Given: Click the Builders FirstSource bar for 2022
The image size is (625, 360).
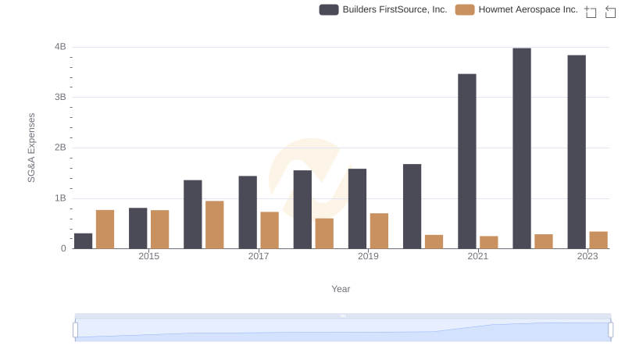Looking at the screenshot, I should (x=522, y=148).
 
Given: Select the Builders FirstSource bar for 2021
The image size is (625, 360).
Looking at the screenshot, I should (x=467, y=162).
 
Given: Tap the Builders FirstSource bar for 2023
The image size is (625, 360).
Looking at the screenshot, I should (x=577, y=152).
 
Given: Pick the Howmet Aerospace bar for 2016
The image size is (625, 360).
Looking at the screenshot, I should (x=215, y=225).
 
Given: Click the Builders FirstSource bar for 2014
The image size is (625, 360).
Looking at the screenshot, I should (x=84, y=241).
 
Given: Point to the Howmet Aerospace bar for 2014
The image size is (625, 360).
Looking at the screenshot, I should (x=105, y=230).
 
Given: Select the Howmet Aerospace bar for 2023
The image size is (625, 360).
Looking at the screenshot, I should (x=598, y=241).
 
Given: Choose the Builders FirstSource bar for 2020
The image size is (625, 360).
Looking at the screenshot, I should (x=412, y=206).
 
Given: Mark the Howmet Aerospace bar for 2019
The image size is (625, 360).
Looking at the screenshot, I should (x=379, y=231).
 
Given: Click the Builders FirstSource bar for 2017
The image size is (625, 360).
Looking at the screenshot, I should (x=248, y=212).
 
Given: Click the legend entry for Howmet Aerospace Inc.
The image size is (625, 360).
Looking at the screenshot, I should (x=516, y=9).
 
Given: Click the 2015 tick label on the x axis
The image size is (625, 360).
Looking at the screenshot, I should (x=149, y=257).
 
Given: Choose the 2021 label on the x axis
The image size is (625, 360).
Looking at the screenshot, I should (x=478, y=257).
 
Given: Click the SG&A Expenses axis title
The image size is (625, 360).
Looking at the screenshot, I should (x=32, y=148).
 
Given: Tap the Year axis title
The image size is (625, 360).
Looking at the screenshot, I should (x=341, y=289).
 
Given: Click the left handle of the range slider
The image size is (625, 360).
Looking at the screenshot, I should (x=76, y=330).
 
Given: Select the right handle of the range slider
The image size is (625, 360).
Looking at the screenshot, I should (x=611, y=330).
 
